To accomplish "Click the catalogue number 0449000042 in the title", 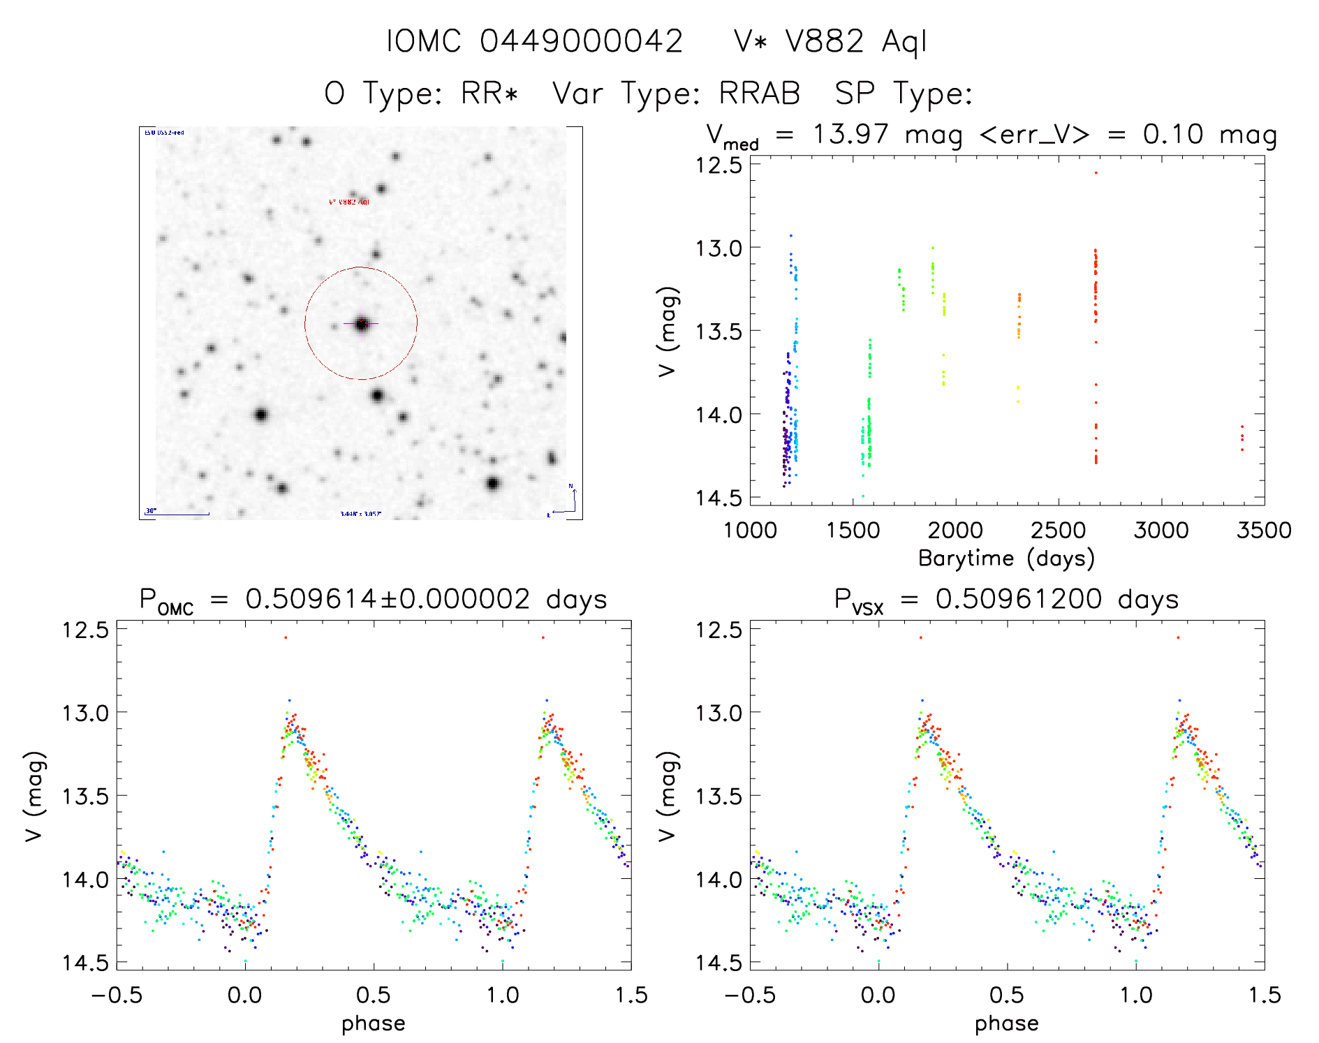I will [581, 41].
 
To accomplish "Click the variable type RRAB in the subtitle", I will [760, 94].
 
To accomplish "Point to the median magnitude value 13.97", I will [850, 134].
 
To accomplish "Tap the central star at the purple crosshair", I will [361, 324].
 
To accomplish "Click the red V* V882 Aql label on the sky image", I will [349, 202].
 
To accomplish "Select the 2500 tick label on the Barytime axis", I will [1058, 530].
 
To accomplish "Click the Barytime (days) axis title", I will [1006, 559].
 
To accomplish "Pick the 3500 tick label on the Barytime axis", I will [1263, 530].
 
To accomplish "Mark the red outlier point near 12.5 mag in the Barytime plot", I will [1096, 172].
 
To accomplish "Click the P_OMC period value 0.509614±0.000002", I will [388, 599].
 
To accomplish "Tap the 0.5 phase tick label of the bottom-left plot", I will [374, 995].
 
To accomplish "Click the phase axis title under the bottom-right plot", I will [1006, 1023].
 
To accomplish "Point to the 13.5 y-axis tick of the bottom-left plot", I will [86, 796].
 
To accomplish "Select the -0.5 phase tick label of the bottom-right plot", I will [749, 995].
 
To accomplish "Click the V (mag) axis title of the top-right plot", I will [668, 331].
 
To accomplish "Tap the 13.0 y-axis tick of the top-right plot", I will [719, 248].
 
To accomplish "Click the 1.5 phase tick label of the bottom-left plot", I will [631, 995].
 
